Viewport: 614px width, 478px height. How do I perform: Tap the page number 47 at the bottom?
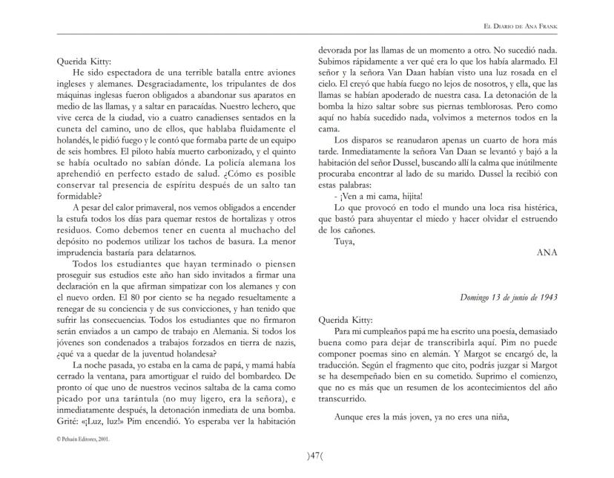[307, 454]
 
